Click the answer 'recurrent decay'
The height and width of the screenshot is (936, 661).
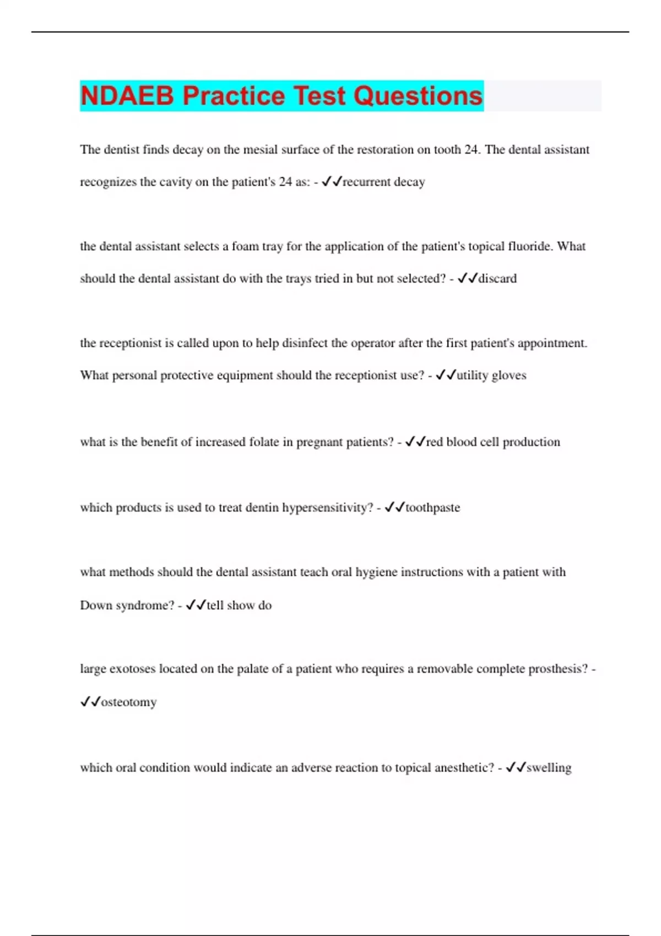point(383,182)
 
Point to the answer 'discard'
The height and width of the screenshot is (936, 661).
point(497,279)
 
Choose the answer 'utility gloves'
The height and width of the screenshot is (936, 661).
point(491,376)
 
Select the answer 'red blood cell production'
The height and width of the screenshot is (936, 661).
point(493,442)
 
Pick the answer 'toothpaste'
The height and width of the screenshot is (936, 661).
point(432,508)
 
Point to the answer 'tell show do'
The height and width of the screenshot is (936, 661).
point(239,606)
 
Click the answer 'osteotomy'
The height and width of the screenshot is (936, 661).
point(129,703)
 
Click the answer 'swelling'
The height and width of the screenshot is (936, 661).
point(549,768)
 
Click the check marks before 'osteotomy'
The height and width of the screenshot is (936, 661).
point(90,702)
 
